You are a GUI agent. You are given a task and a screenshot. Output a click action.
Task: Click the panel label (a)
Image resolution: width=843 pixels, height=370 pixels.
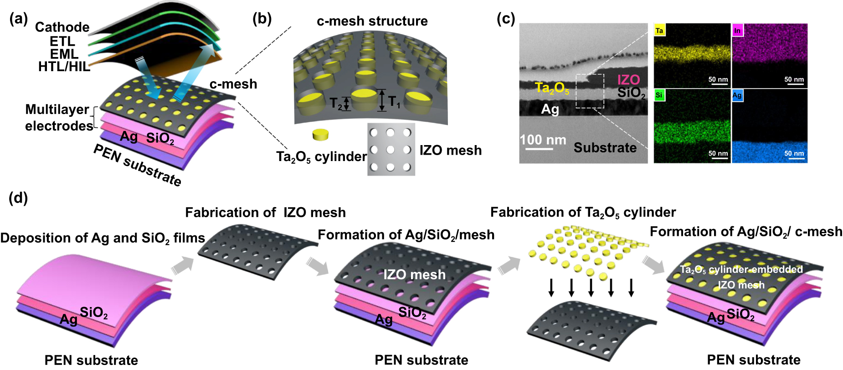18,19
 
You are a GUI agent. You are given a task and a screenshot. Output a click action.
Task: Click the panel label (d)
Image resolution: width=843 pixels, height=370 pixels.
18,198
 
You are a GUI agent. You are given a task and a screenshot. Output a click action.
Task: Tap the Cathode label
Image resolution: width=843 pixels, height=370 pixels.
62,27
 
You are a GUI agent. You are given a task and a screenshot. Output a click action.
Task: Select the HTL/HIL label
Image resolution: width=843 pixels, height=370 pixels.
64,67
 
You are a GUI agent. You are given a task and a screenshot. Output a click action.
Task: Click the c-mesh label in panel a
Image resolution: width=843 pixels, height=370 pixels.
233,84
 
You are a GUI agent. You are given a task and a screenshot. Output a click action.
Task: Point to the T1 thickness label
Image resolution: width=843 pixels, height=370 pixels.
394,102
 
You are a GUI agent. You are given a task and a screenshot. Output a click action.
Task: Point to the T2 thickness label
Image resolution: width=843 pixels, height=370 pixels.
336,104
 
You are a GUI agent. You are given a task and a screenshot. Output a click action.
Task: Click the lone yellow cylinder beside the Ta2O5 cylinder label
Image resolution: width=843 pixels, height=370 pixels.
320,135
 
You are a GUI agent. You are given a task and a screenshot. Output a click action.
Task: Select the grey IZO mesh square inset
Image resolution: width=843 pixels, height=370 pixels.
391,149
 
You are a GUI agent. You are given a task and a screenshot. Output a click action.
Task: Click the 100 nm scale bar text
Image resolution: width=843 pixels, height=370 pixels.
543,140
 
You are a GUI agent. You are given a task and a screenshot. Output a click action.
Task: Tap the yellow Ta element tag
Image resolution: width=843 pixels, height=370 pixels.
659,31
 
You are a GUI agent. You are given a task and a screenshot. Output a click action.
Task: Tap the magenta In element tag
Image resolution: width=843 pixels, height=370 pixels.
737,31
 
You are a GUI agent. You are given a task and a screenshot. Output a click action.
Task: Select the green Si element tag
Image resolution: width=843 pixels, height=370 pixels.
659,95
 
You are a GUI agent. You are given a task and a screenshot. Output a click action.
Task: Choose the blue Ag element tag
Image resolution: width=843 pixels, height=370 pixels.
737,95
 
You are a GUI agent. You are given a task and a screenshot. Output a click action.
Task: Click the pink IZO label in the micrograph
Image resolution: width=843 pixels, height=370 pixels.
628,80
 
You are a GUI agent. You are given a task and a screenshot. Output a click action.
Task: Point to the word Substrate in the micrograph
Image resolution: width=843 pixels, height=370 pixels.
605,148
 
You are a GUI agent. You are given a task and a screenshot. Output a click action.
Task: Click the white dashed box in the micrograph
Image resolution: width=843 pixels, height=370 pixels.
590,91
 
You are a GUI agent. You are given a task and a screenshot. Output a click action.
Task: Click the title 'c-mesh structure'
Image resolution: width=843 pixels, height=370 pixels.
372,21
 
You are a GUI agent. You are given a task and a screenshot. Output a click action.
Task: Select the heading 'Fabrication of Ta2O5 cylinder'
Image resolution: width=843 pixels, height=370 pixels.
583,213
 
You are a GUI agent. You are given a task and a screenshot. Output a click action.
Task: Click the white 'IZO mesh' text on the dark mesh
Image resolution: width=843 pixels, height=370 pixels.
414,275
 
